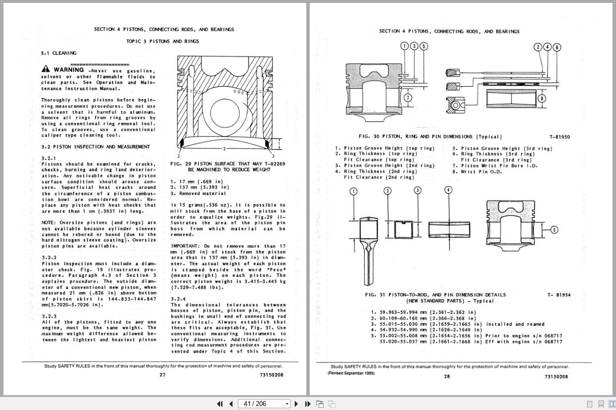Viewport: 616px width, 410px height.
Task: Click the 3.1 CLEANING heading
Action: (x=58, y=53)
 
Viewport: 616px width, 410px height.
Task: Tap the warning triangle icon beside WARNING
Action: (x=46, y=69)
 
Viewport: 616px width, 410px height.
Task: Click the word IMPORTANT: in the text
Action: (x=185, y=246)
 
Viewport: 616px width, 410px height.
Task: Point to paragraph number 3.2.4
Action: (x=179, y=299)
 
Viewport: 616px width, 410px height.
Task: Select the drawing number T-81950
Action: (x=559, y=137)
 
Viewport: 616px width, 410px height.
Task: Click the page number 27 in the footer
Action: (x=162, y=375)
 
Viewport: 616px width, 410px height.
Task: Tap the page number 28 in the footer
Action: (x=447, y=376)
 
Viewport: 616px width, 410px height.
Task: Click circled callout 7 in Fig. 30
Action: (x=408, y=98)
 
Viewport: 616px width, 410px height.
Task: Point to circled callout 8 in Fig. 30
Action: (x=542, y=98)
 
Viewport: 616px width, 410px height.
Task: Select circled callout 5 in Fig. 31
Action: (x=554, y=229)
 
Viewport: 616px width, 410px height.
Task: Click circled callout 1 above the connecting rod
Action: (x=353, y=191)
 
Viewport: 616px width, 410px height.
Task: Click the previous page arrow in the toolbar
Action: (x=231, y=404)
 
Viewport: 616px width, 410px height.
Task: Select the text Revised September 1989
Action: (x=351, y=373)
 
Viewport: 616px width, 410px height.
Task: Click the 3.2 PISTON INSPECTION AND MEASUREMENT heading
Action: (x=95, y=147)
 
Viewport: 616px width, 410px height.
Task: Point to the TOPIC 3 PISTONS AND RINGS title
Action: (x=162, y=41)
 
